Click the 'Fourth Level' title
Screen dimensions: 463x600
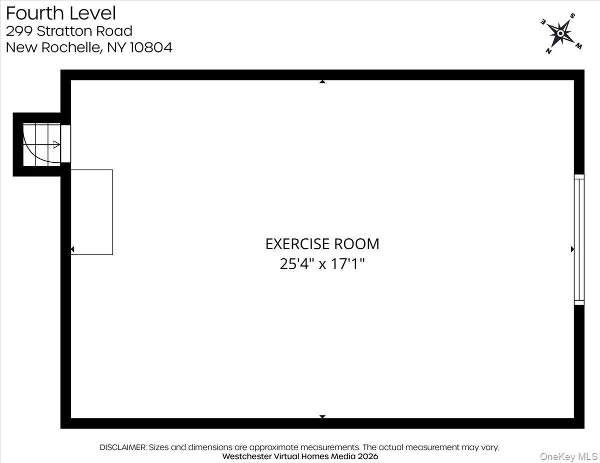pyautogui.click(x=61, y=13)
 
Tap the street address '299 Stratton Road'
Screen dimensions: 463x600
pyautogui.click(x=69, y=31)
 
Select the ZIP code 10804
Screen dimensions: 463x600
pyautogui.click(x=151, y=48)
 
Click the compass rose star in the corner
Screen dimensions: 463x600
pyautogui.click(x=560, y=33)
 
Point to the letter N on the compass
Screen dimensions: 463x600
pyautogui.click(x=548, y=50)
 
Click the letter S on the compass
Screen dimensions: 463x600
pyautogui.click(x=572, y=16)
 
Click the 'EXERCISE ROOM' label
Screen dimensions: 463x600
pyautogui.click(x=322, y=244)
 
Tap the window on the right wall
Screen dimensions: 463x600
pyautogui.click(x=578, y=240)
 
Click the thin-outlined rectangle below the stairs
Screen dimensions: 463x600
pyautogui.click(x=91, y=212)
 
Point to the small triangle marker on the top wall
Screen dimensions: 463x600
pyautogui.click(x=322, y=81)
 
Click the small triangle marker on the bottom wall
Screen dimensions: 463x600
pyautogui.click(x=322, y=417)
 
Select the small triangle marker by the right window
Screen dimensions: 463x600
pyautogui.click(x=572, y=249)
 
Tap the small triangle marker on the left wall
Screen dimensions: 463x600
pyautogui.click(x=72, y=249)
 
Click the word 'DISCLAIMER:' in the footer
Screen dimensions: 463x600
pyautogui.click(x=123, y=448)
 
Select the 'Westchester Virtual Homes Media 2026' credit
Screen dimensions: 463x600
pyautogui.click(x=300, y=457)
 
